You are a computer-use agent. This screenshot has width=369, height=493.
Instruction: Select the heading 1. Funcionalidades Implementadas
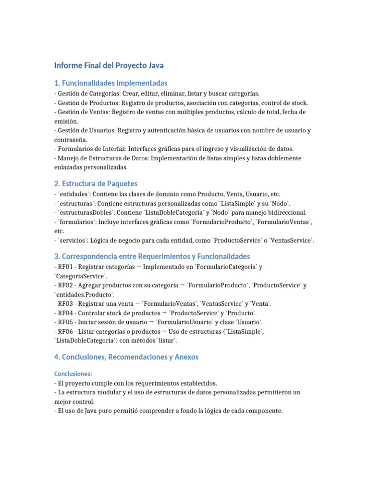(111, 83)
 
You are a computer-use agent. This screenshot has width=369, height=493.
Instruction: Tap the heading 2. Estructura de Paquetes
(96, 183)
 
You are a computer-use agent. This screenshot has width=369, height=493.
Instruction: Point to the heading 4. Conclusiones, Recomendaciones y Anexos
(126, 357)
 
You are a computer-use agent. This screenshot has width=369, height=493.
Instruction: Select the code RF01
(67, 267)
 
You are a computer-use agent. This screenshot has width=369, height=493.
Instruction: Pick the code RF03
(67, 303)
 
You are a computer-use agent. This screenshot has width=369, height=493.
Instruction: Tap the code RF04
(67, 312)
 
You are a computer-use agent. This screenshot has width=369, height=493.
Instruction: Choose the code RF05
(67, 322)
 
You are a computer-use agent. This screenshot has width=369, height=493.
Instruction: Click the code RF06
(67, 331)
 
